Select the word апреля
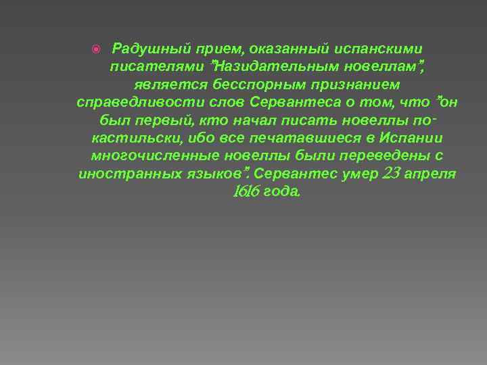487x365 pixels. pos(433,174)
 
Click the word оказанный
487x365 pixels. pos(282,49)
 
